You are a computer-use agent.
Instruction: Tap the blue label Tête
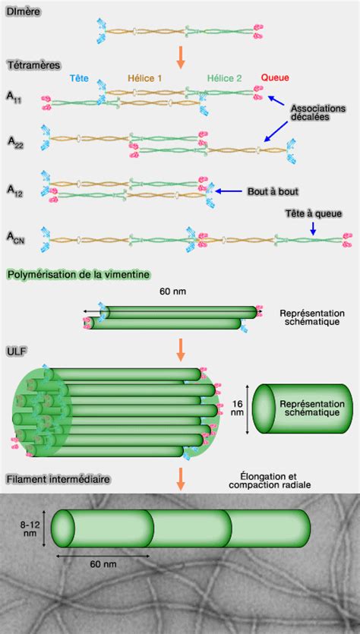(x=79, y=78)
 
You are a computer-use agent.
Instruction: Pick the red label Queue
(x=274, y=78)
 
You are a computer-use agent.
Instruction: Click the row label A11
(x=14, y=97)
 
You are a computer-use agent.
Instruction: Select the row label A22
(x=15, y=141)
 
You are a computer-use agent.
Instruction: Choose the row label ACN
(x=16, y=237)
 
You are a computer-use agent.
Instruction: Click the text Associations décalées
(x=318, y=113)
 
